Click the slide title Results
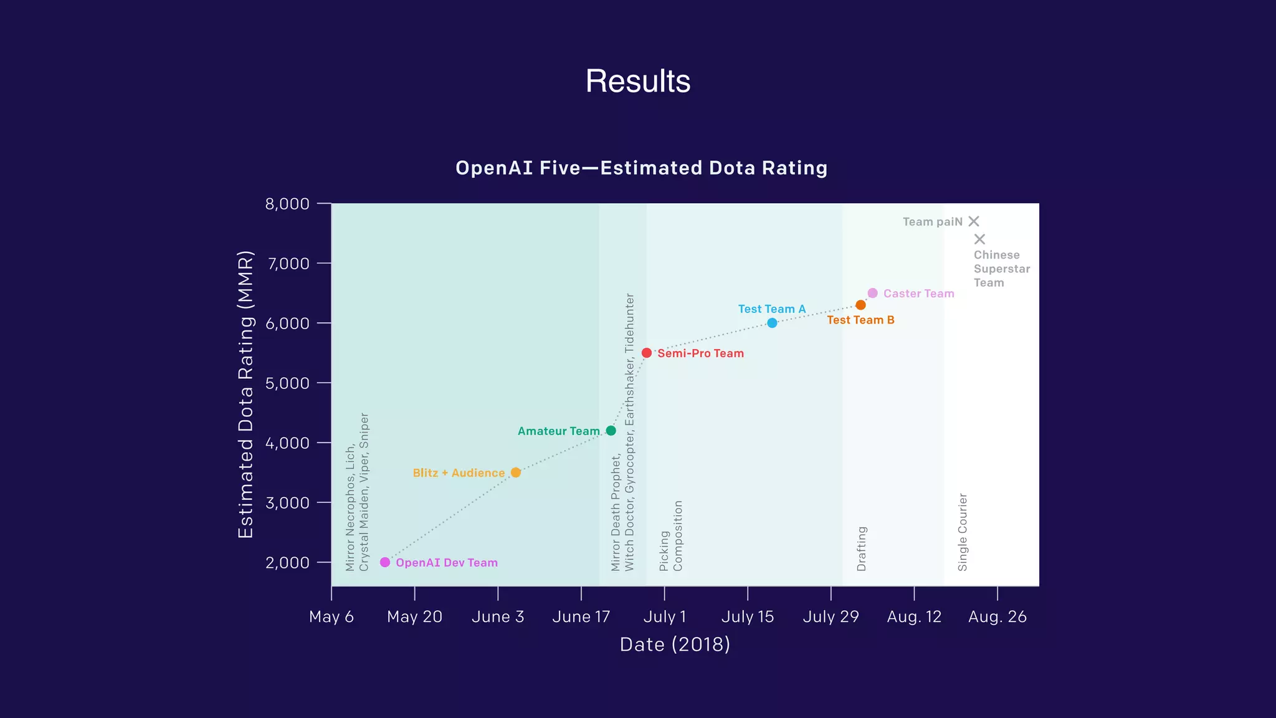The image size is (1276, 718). point(638,81)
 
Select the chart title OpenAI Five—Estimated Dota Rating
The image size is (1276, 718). point(641,168)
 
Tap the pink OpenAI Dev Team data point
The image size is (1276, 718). point(385,562)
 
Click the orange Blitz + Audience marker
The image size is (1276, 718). point(515,472)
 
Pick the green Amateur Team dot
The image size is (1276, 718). point(611,431)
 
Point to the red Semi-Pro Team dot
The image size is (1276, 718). point(647,353)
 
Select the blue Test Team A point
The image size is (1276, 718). point(772,323)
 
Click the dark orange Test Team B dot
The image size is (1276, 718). point(860,305)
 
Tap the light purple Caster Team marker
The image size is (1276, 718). point(872,293)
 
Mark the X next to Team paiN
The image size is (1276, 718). point(974,221)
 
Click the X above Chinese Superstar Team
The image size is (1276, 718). point(979,239)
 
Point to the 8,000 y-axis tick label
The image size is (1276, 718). point(287,204)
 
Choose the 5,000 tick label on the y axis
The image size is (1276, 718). point(287,383)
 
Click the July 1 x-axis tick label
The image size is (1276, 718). point(664,616)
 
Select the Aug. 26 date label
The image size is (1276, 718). point(997,616)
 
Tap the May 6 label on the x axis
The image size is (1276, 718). point(331,616)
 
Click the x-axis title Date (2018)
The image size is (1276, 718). point(675,644)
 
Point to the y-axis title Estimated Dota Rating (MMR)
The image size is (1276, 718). point(246,394)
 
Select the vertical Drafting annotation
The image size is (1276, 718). point(862,548)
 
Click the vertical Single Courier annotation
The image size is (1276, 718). point(963,532)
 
